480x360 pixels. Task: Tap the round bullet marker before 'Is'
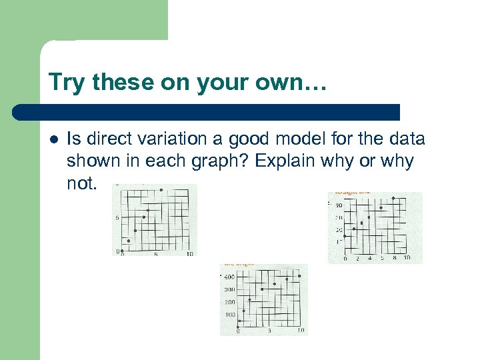[x=53, y=140]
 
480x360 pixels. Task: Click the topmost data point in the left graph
[x=161, y=191]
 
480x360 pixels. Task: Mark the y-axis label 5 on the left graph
[x=117, y=218]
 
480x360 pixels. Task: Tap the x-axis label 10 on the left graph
[x=190, y=254]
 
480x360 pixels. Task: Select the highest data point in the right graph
[x=393, y=198]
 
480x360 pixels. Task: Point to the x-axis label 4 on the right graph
[x=369, y=258]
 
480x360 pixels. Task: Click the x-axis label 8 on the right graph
[x=394, y=258]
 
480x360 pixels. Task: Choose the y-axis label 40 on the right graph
[x=339, y=205]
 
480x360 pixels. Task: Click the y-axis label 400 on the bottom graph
[x=229, y=277]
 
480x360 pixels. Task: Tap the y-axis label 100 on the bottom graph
[x=229, y=314]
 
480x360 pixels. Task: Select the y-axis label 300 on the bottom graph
[x=229, y=289]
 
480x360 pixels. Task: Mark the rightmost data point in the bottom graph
[x=300, y=275]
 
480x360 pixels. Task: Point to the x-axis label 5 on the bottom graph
[x=269, y=331]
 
